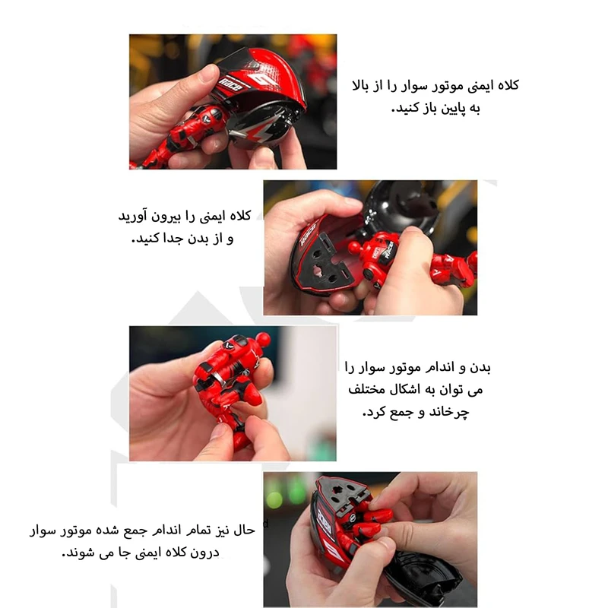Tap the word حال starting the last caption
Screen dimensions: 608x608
point(244,530)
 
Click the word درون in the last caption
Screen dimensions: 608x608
point(204,553)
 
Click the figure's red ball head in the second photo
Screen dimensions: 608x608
point(354,248)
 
